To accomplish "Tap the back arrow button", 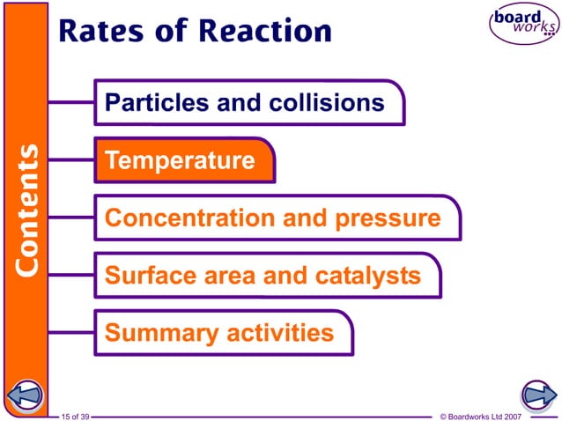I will coord(26,394).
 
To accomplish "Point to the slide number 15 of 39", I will coord(75,415).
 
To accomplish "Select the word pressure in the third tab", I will coord(391,218).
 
